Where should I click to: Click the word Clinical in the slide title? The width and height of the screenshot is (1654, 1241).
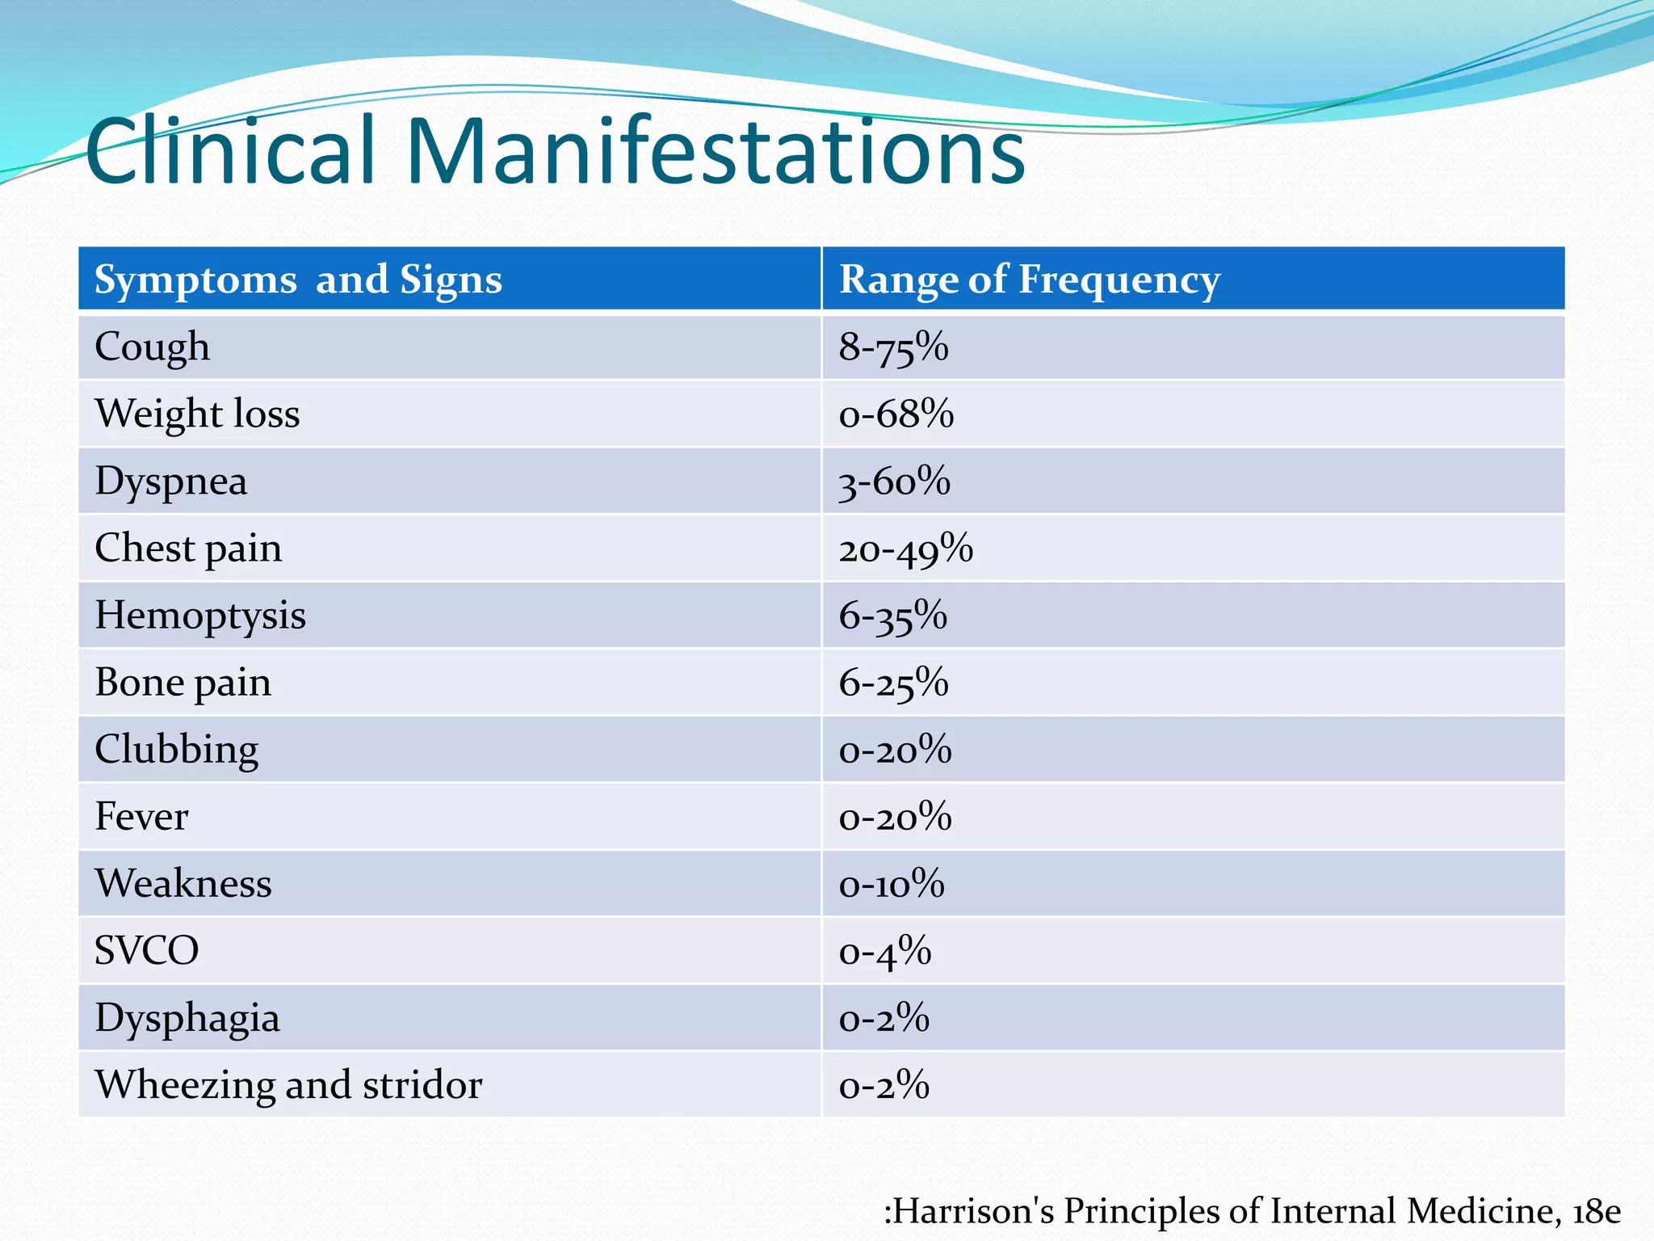click(x=231, y=151)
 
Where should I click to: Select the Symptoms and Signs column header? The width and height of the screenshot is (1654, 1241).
click(x=298, y=280)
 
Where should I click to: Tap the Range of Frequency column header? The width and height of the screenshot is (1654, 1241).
click(x=1030, y=280)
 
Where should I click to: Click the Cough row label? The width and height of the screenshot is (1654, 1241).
click(x=152, y=347)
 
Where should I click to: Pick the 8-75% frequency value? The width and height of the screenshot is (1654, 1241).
click(x=893, y=347)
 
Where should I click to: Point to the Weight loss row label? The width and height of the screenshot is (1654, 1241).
click(x=197, y=414)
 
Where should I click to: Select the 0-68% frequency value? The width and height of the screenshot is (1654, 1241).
click(x=896, y=414)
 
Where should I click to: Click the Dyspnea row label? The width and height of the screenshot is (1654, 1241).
click(x=171, y=482)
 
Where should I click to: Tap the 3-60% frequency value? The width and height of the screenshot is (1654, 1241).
click(x=895, y=482)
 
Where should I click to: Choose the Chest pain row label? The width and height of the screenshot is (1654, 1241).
click(x=188, y=549)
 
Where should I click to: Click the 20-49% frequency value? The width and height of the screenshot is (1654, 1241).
click(x=906, y=549)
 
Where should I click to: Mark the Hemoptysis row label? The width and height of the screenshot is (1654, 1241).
click(x=200, y=616)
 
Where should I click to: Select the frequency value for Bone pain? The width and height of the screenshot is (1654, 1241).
click(x=893, y=683)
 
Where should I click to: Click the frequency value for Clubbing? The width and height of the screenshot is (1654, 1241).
click(x=896, y=750)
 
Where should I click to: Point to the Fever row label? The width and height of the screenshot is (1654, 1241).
click(x=141, y=817)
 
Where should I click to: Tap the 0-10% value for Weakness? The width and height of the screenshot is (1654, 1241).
click(x=892, y=884)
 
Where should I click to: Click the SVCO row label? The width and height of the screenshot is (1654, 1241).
click(x=146, y=951)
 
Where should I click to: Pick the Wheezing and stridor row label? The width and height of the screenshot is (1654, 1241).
click(x=288, y=1085)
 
